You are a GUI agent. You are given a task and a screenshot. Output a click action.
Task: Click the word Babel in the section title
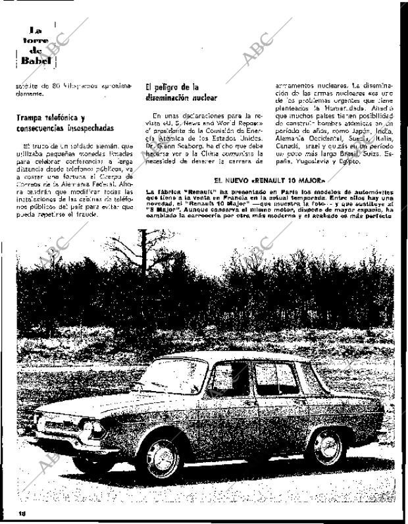click(35, 60)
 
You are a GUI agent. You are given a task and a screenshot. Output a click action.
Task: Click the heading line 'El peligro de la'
click(172, 87)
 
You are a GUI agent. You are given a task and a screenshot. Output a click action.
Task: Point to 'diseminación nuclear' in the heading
click(181, 97)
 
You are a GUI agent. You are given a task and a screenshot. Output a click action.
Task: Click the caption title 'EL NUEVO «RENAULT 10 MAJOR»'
click(269, 180)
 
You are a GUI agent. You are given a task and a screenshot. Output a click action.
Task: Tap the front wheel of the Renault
click(160, 456)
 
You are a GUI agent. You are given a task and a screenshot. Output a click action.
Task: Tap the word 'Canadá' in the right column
click(285, 145)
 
